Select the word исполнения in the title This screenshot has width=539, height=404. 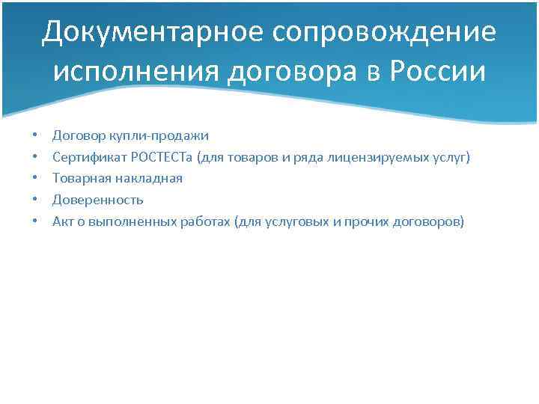point(134,73)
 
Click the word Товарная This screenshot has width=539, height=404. point(79,179)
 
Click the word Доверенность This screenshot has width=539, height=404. point(97,201)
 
